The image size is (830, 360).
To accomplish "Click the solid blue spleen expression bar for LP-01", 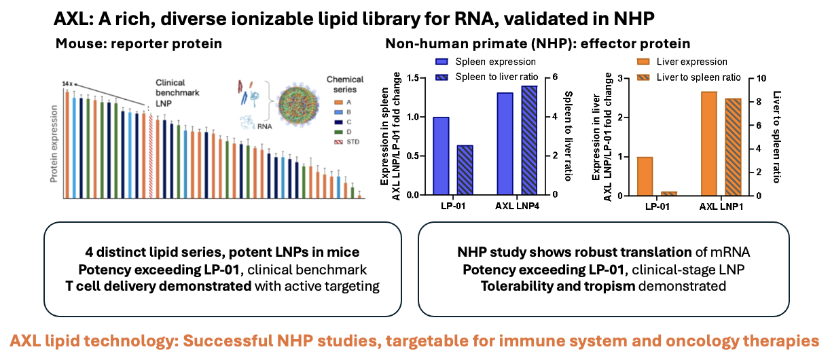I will [x=441, y=156].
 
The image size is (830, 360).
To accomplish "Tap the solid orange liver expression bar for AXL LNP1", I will [x=709, y=143].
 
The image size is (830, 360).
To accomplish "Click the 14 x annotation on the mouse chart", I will [x=66, y=83].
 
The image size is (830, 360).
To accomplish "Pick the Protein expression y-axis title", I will [x=54, y=143].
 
